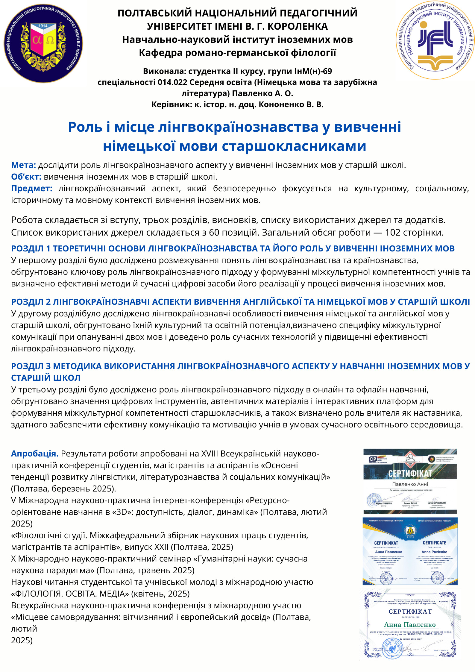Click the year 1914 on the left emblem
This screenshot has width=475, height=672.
[x=43, y=26]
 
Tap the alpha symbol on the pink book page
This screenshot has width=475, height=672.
[x=37, y=40]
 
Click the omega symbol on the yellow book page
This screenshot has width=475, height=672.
[x=50, y=40]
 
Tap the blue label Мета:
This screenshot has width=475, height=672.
[x=23, y=165]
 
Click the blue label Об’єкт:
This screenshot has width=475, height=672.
[x=26, y=177]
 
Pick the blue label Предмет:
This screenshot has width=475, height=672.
[x=31, y=188]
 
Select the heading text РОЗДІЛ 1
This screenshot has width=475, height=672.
[x=31, y=248]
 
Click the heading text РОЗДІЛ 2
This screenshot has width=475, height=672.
[x=31, y=302]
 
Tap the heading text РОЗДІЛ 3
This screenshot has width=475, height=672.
[x=31, y=366]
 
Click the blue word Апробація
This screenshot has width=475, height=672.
[x=34, y=454]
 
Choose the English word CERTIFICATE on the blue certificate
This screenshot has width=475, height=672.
[x=434, y=543]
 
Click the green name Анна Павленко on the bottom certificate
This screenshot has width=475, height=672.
[x=410, y=624]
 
